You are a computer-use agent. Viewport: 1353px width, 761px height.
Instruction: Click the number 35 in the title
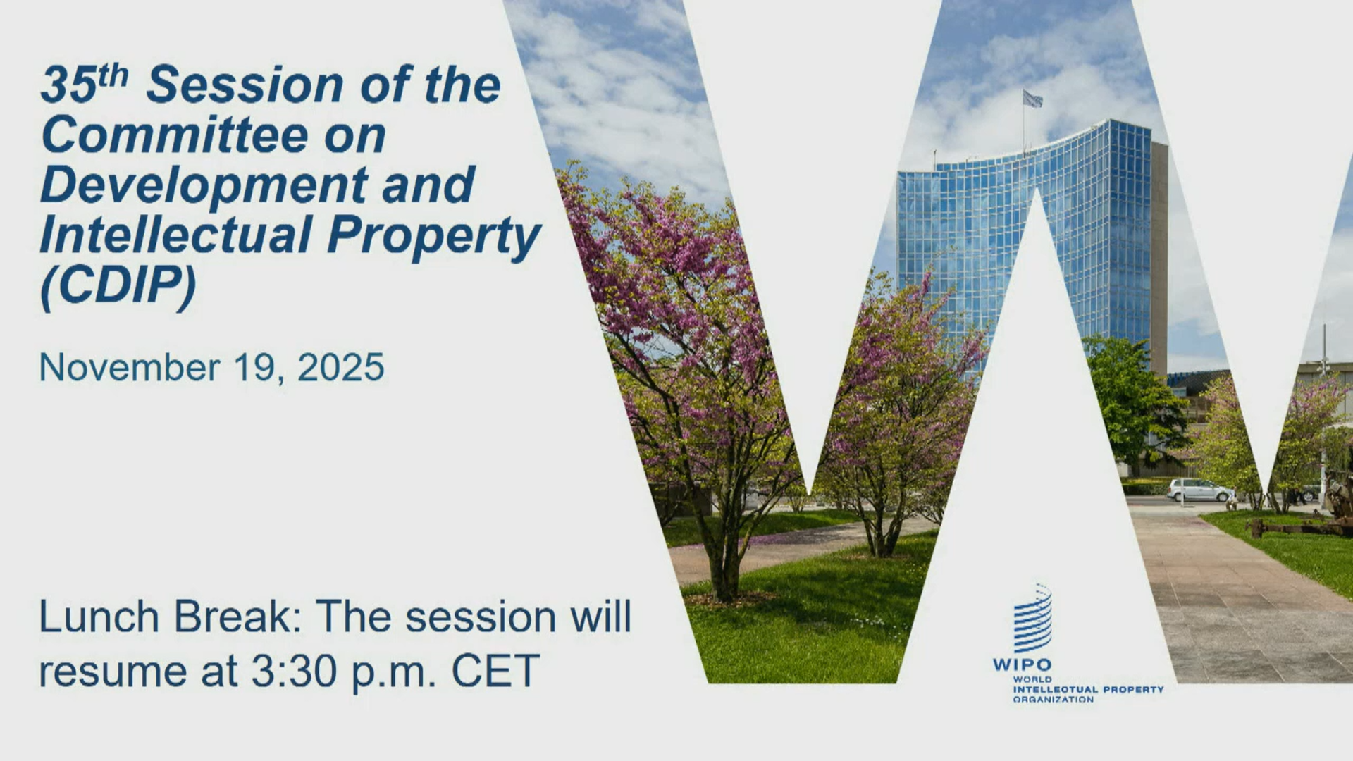click(x=69, y=85)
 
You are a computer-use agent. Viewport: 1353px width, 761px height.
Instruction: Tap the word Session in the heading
click(x=245, y=85)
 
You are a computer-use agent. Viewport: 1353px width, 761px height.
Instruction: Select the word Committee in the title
click(x=175, y=135)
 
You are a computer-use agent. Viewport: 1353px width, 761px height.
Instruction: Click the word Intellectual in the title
click(x=175, y=235)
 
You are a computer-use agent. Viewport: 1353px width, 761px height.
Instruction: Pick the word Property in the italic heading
click(x=434, y=238)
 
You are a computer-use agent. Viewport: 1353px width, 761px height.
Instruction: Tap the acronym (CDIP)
click(x=118, y=286)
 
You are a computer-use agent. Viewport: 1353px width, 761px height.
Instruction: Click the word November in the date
click(x=130, y=367)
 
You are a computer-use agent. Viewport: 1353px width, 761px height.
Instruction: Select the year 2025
click(x=341, y=367)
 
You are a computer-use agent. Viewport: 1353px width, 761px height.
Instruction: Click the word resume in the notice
click(x=113, y=674)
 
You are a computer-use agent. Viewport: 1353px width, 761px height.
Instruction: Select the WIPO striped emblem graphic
click(x=1032, y=619)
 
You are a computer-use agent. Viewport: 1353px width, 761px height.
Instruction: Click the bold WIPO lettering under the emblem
click(x=1022, y=664)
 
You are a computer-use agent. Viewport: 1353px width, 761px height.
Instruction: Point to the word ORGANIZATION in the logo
click(x=1054, y=700)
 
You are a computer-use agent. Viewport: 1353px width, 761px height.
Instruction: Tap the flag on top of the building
click(x=1032, y=99)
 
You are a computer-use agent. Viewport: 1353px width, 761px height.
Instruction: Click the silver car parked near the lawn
click(x=1201, y=490)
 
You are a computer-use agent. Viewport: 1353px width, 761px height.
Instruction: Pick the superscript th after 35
click(x=113, y=75)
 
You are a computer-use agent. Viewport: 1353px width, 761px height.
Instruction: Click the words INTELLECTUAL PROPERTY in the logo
click(x=1088, y=690)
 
